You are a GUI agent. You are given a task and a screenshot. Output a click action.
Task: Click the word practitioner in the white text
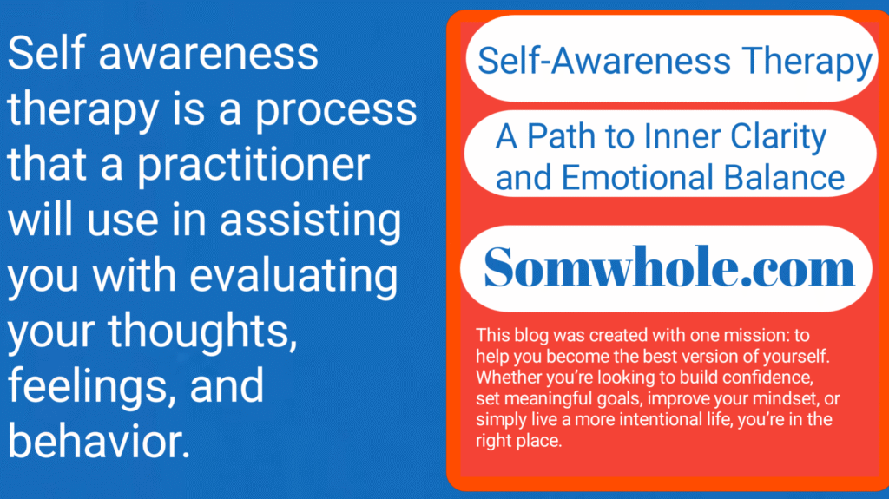coord(254,165)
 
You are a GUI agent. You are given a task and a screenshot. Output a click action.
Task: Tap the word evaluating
coord(293,275)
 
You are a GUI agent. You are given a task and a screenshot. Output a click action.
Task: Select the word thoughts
coord(203,332)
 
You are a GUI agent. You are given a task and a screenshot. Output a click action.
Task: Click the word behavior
coord(99,441)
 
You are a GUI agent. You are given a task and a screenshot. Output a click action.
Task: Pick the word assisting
coord(311,220)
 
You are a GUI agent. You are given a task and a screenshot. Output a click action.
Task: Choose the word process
coord(336,110)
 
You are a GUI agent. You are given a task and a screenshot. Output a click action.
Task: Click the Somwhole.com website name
coord(669,267)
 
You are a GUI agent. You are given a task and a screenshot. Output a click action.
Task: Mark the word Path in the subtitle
coord(561,136)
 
